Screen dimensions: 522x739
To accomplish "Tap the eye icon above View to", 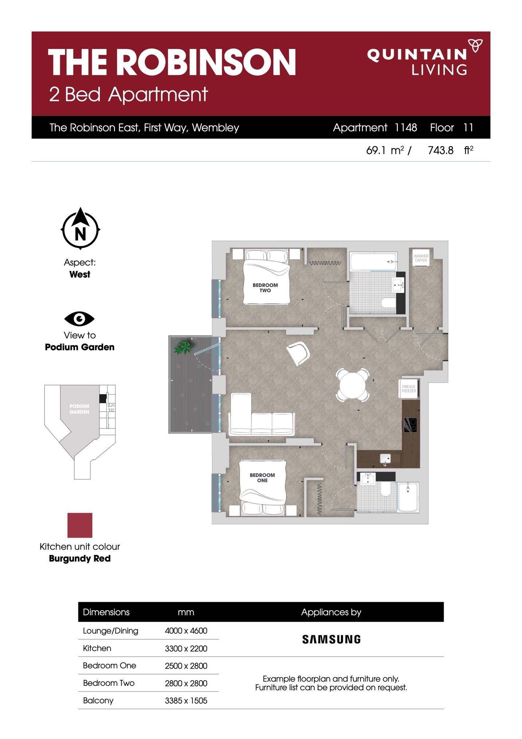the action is click(79, 319).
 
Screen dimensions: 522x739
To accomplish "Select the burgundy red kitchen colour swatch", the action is click(80, 525).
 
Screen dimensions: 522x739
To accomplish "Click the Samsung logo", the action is click(331, 639).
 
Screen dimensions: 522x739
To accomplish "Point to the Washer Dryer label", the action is click(421, 258).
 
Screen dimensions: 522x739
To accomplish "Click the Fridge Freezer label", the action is click(409, 389).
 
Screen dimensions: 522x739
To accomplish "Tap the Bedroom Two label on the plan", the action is click(265, 288).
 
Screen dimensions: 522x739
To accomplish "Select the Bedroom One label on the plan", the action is click(262, 478).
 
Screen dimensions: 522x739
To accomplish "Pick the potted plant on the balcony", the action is click(184, 347).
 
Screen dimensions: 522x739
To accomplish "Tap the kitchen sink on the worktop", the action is click(385, 458).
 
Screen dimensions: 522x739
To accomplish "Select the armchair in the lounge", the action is click(298, 353).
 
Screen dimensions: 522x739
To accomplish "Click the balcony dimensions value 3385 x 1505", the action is click(186, 700).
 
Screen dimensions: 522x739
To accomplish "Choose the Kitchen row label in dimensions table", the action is click(97, 648).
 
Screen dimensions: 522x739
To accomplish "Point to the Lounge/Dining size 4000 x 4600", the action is click(186, 631).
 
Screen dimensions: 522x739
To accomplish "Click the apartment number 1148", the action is click(406, 127).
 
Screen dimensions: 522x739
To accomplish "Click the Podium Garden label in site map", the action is click(79, 409).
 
